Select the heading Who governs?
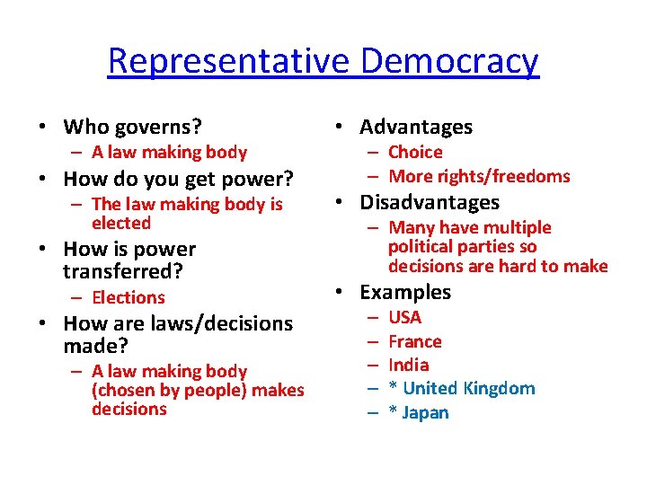tap(133, 127)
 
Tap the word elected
tap(121, 223)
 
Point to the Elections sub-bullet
tap(129, 297)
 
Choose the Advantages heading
tap(416, 128)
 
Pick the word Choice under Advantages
tap(416, 153)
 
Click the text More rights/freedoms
tap(480, 176)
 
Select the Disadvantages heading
tap(430, 203)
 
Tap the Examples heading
tap(405, 292)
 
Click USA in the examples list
tap(405, 317)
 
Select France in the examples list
tap(415, 341)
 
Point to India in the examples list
tap(409, 365)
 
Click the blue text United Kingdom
tap(469, 388)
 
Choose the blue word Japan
tap(426, 412)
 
